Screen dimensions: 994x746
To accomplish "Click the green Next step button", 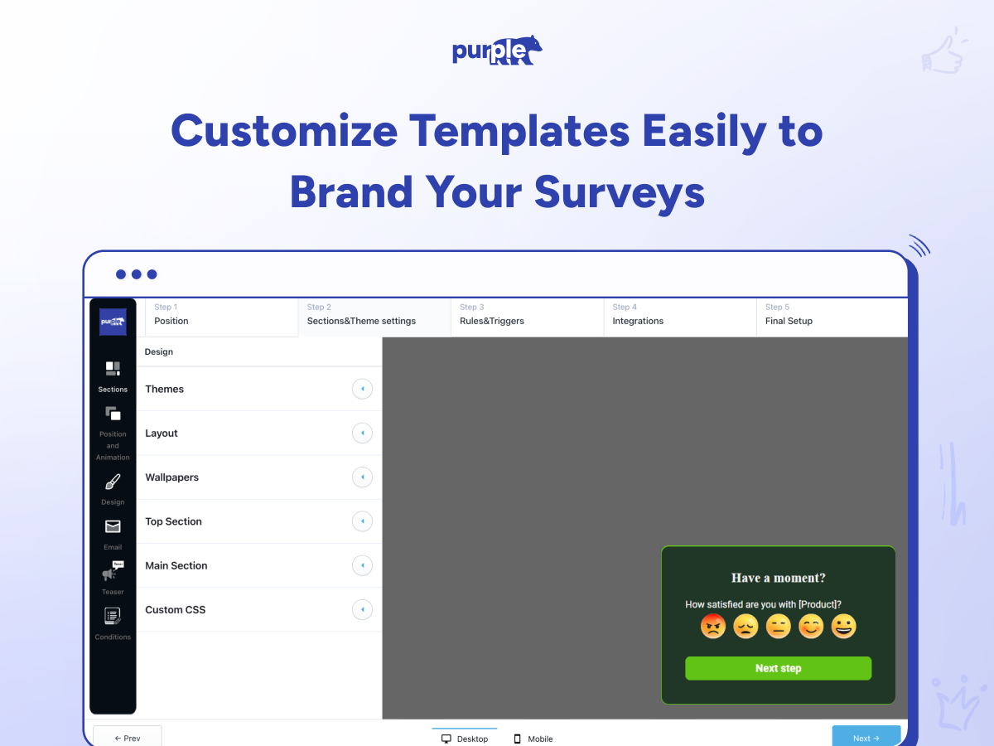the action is tap(778, 668).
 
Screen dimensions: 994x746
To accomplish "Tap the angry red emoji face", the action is tap(713, 627).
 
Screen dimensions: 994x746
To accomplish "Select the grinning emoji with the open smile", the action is tap(843, 627).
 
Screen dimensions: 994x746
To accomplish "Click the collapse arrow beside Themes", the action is tap(362, 389).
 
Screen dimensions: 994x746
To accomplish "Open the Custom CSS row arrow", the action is tap(362, 609).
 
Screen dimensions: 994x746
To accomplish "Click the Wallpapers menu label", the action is tap(171, 477).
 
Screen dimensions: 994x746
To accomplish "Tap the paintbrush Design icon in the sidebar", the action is tap(113, 482).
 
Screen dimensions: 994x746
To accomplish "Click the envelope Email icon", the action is tap(113, 526).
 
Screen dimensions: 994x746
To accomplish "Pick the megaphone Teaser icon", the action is tap(113, 571).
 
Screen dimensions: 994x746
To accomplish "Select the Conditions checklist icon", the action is tap(113, 616).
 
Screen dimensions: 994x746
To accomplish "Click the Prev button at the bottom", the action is tap(128, 737).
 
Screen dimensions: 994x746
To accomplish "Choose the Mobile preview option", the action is tap(533, 739).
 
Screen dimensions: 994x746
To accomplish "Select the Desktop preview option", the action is tap(465, 739).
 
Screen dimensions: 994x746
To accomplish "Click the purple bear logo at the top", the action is tap(497, 51).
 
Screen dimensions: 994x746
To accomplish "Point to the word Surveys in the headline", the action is tap(620, 193).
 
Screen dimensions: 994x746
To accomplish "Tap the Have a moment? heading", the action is tap(778, 578).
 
